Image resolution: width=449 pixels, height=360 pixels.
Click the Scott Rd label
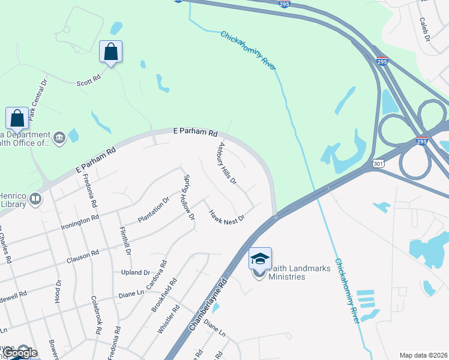[89, 80]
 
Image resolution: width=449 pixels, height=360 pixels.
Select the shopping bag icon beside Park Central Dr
[17, 118]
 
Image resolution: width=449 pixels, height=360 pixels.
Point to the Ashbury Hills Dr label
[227, 163]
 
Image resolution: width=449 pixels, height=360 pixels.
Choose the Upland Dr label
[139, 272]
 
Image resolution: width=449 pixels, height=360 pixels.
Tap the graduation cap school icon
[260, 259]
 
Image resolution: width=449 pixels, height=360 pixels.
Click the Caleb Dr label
[425, 29]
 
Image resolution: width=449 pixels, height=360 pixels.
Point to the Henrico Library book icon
[35, 198]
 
